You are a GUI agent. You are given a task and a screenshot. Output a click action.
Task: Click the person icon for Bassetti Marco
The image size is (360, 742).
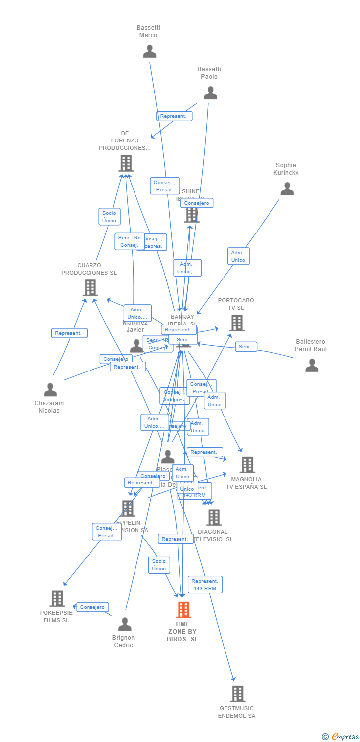[x=149, y=51]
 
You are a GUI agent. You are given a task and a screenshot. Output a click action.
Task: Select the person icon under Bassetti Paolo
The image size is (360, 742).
[x=210, y=93]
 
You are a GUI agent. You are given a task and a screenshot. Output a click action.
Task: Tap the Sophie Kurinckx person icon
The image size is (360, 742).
[x=287, y=188]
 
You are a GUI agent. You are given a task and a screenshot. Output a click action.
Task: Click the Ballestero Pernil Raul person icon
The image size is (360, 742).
[x=312, y=365]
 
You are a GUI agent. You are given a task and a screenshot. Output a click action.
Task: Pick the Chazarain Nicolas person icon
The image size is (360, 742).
[x=50, y=390]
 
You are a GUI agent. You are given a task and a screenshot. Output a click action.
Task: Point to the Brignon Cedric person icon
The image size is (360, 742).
[x=125, y=624]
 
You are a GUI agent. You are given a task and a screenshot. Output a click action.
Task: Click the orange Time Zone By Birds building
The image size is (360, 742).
[x=183, y=610]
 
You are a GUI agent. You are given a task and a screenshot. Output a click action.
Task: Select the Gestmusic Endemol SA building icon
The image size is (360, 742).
[x=237, y=694]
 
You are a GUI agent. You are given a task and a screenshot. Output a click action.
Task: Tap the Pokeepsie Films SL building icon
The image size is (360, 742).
[x=57, y=599]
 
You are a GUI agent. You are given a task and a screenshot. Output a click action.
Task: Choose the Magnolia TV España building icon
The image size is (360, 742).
[x=247, y=465]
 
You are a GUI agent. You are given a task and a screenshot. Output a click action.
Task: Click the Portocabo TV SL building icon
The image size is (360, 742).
[x=237, y=323]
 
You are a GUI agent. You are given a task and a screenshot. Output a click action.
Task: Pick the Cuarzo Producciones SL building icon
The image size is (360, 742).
[x=90, y=287]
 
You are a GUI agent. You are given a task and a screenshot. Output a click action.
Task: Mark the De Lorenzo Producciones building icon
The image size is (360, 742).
[x=126, y=163]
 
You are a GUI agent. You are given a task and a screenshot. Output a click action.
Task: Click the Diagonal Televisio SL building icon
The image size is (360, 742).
[x=214, y=517]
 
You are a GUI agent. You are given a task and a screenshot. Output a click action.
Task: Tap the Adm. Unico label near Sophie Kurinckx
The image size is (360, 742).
[x=238, y=256]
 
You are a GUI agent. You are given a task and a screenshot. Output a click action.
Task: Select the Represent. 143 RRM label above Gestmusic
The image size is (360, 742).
[x=205, y=584]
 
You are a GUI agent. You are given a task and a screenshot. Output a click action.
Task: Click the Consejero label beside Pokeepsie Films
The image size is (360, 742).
[x=92, y=607]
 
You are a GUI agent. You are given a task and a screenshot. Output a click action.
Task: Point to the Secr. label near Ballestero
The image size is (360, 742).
[x=245, y=347]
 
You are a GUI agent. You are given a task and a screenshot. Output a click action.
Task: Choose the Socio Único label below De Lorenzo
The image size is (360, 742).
[x=109, y=217]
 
